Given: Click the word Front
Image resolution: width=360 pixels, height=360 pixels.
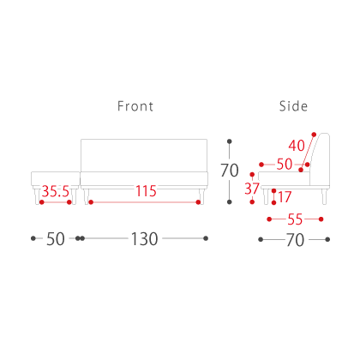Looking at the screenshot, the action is (x=135, y=106).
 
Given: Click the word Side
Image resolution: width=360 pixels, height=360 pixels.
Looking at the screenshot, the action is (x=293, y=106).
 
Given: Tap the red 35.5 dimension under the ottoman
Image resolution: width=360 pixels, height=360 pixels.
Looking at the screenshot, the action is (x=56, y=191).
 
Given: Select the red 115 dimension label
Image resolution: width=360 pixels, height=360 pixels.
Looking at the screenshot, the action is (x=146, y=191).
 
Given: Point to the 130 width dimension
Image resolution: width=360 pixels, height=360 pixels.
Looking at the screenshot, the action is (x=144, y=239).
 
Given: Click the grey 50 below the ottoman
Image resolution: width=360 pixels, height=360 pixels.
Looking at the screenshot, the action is (x=56, y=239).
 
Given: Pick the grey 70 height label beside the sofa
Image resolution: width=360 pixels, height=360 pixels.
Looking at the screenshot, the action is (x=229, y=171).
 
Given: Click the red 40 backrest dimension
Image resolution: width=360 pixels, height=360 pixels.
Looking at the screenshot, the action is (x=297, y=146).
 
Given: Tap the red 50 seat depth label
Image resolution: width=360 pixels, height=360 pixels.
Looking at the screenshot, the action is (x=285, y=165).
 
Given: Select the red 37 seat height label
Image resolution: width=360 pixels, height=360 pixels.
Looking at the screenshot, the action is (x=252, y=189).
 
